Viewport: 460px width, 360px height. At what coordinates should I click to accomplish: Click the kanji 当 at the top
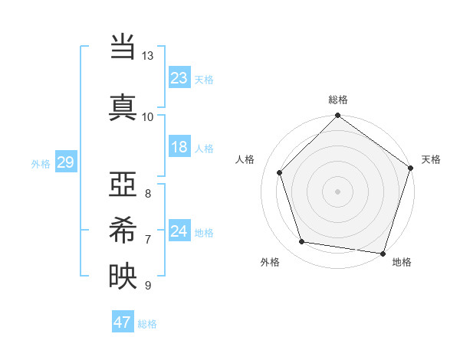122,48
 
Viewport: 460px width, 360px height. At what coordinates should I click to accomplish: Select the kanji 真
122,106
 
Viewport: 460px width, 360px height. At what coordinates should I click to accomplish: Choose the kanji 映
122,274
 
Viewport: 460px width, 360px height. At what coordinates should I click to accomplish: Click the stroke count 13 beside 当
148,57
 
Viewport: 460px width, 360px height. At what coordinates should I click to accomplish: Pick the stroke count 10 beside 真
148,116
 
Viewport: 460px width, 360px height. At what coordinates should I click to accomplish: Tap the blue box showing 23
179,78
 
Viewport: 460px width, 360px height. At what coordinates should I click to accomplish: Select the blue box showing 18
179,147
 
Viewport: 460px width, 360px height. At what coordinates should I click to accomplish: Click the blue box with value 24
179,231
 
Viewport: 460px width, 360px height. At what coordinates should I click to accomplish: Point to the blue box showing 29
65,162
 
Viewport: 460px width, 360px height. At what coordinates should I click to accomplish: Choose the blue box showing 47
122,322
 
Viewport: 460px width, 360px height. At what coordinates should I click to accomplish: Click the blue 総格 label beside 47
147,324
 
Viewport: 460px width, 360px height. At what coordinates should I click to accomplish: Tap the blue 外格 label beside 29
41,163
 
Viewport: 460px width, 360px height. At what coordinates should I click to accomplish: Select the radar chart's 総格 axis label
337,100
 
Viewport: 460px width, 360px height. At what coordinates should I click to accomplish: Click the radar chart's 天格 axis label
431,159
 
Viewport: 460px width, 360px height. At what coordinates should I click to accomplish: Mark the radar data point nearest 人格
280,173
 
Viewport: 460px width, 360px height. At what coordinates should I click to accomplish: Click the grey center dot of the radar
337,191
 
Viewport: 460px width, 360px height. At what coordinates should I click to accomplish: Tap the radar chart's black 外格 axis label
270,263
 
